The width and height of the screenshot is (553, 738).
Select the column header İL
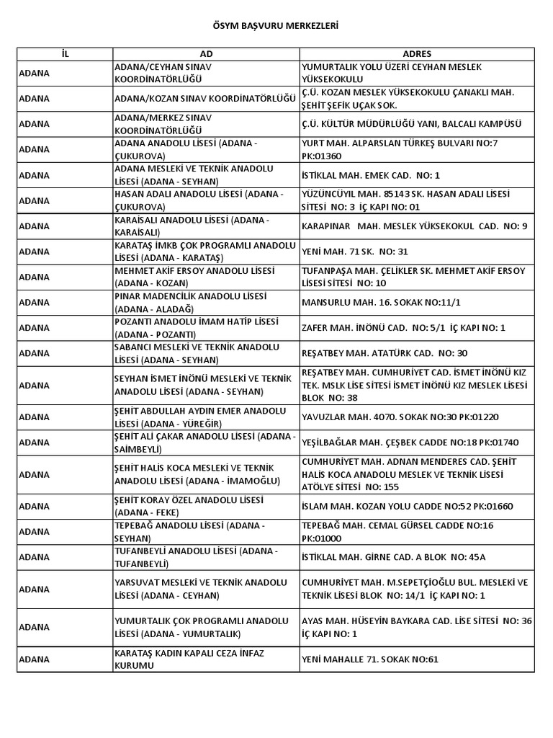(65, 54)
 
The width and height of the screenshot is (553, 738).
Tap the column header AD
(206, 54)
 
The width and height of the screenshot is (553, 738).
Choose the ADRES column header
(417, 54)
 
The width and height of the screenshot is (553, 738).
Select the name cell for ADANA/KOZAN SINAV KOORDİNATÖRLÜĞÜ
(205, 99)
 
